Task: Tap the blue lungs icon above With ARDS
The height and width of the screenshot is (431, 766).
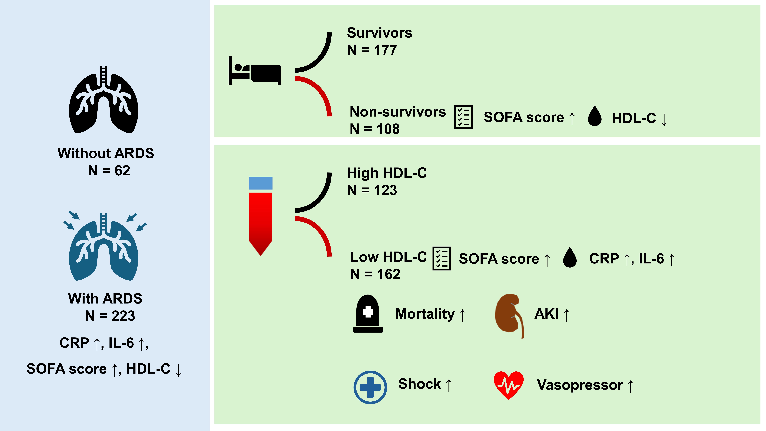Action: coord(104,247)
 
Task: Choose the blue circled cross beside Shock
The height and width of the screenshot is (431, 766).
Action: coord(370,387)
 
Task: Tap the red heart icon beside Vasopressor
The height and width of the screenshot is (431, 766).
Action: coord(509,385)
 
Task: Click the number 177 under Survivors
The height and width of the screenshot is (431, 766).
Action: coord(385,50)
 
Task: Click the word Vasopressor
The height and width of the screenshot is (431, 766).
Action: coord(580,385)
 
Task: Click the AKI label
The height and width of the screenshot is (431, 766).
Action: coord(546,314)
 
